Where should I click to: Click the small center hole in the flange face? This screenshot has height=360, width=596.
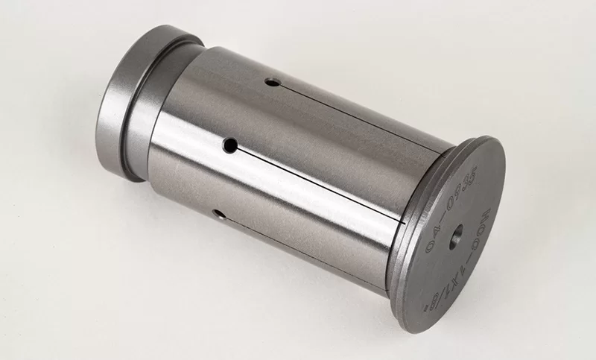[x=457, y=230]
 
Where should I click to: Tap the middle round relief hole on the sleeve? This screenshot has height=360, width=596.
[x=232, y=145]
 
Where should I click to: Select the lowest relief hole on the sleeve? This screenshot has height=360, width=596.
[x=218, y=214]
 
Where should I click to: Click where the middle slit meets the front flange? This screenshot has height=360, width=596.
[x=402, y=223]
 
